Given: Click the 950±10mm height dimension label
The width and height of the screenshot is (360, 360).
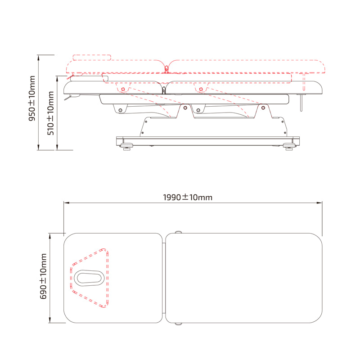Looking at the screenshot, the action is pyautogui.click(x=32, y=98).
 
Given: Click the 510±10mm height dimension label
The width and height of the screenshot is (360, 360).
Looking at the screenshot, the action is pyautogui.click(x=50, y=113).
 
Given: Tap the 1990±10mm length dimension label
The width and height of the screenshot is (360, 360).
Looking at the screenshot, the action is pyautogui.click(x=188, y=197).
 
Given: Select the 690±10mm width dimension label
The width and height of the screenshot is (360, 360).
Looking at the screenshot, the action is pyautogui.click(x=43, y=276).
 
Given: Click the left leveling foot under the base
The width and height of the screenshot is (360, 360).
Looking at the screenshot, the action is pyautogui.click(x=126, y=147).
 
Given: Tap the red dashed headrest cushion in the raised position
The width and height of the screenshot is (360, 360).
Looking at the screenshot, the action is pyautogui.click(x=92, y=58).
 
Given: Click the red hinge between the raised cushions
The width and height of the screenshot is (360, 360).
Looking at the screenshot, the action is pyautogui.click(x=166, y=69).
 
